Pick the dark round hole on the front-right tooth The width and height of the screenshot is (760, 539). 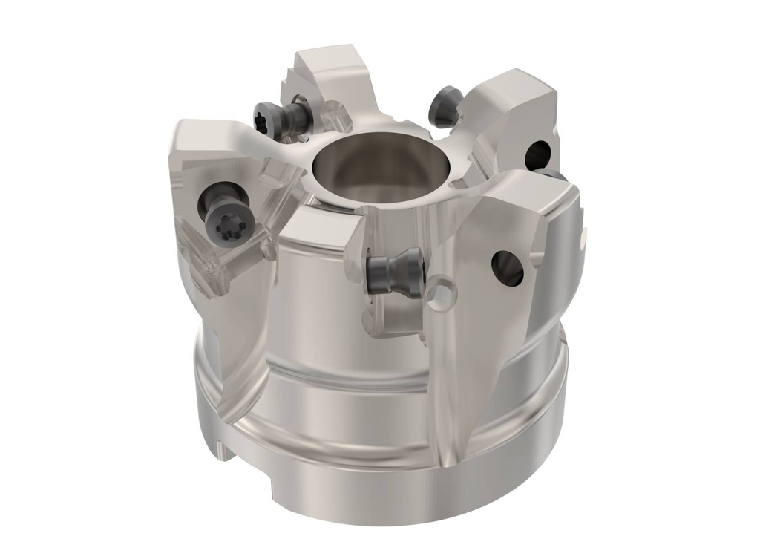[508, 268]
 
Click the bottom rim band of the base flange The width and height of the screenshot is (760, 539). [386, 475]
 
